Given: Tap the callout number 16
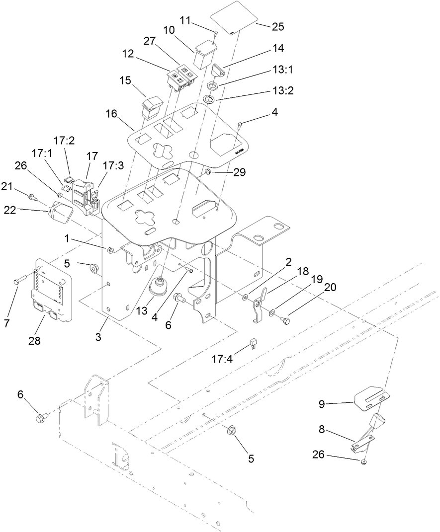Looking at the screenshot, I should (112, 114).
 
